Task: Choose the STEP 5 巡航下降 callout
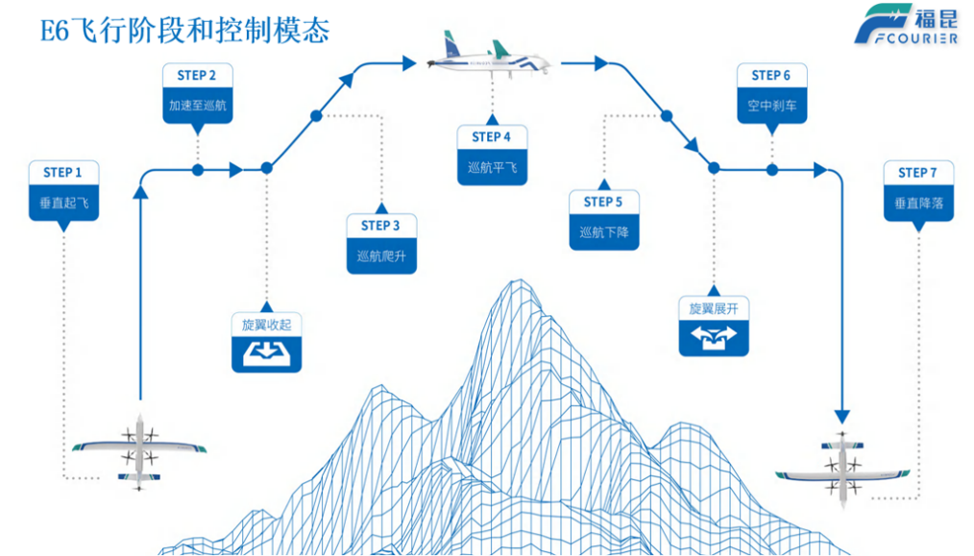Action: [x=603, y=219]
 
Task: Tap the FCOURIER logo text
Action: [x=906, y=38]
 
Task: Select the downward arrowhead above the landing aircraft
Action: [x=842, y=416]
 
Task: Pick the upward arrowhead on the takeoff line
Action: [x=141, y=193]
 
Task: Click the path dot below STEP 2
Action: [x=197, y=170]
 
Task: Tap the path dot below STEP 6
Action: [x=771, y=170]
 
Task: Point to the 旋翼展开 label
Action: [x=714, y=308]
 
